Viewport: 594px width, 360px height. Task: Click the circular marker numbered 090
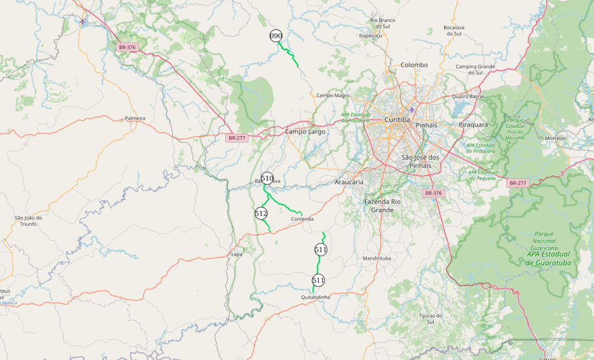[276, 36]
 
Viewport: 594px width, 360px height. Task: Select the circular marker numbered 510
[267, 178]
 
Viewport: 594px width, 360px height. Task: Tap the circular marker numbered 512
[261, 213]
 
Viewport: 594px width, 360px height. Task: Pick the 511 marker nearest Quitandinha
[318, 280]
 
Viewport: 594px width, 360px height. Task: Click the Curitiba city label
[397, 120]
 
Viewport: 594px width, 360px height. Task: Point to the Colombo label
[414, 65]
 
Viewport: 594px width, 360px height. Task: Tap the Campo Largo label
[305, 132]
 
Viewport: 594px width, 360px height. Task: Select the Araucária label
[349, 182]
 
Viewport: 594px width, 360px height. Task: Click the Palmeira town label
[135, 119]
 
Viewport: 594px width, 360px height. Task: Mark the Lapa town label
[236, 254]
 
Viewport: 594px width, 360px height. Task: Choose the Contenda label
[302, 219]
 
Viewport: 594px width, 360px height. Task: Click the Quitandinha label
[316, 297]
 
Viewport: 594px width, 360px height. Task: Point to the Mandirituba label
[377, 258]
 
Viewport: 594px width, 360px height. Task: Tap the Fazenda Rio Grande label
[388, 206]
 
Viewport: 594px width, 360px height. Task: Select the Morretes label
[555, 138]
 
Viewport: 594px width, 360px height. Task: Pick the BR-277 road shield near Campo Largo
[236, 138]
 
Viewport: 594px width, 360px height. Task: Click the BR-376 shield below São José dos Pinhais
[432, 193]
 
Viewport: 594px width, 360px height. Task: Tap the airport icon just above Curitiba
[412, 109]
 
